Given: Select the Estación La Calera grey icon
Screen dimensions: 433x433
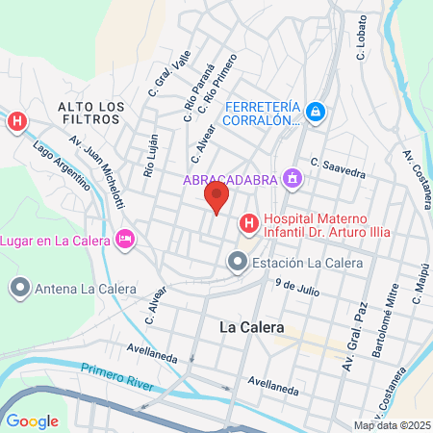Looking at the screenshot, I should pyautogui.click(x=237, y=261).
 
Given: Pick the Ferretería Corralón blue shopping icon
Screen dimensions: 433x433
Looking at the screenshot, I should pyautogui.click(x=318, y=115).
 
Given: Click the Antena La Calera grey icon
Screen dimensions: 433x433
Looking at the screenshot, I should pyautogui.click(x=19, y=287).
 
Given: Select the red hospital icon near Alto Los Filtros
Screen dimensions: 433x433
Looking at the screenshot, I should pyautogui.click(x=16, y=122).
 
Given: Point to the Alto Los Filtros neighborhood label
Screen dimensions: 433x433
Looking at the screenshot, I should pyautogui.click(x=89, y=113).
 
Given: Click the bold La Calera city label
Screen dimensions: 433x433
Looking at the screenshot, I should pyautogui.click(x=248, y=327).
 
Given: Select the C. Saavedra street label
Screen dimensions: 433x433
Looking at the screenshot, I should pyautogui.click(x=338, y=167).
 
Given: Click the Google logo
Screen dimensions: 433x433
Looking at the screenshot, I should pyautogui.click(x=32, y=420).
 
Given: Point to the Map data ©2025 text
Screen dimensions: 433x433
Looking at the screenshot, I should pyautogui.click(x=392, y=425).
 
